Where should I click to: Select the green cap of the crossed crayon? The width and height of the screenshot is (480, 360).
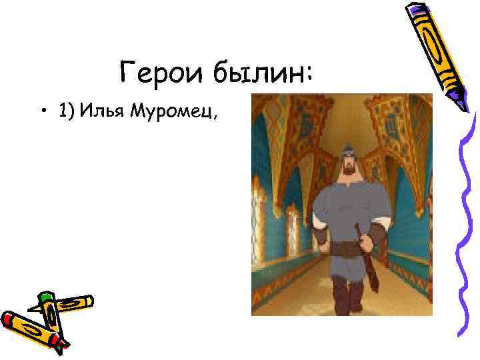(45, 298)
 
